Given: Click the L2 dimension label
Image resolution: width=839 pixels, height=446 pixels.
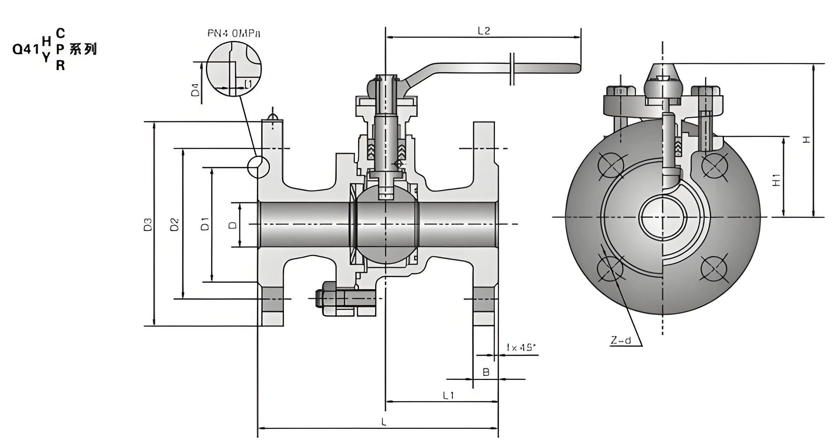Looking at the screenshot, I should click(484, 31).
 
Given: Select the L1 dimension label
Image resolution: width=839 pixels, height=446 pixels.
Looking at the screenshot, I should click(448, 395).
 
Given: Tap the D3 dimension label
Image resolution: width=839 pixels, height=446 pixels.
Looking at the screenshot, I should click(148, 224).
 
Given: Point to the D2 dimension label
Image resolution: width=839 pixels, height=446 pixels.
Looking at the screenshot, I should click(174, 224).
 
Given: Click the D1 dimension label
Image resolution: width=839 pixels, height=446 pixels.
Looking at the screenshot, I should click(205, 224).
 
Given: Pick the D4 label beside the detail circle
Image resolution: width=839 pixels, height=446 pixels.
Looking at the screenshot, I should click(195, 89).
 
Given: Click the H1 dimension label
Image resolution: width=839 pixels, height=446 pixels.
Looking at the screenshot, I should click(776, 180).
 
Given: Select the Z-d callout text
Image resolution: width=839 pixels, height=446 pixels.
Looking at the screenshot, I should click(621, 340).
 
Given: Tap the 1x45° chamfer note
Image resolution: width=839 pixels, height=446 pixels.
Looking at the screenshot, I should click(521, 347).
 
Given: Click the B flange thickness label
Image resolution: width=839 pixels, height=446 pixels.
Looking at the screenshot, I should click(486, 372).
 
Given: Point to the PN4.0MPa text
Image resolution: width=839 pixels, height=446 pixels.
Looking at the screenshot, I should click(234, 34).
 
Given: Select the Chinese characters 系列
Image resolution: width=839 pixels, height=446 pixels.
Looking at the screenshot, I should click(83, 49).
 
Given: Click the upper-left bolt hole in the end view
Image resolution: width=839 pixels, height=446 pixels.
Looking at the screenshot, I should click(611, 165).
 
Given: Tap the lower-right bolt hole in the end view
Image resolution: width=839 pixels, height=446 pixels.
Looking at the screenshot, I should click(714, 268).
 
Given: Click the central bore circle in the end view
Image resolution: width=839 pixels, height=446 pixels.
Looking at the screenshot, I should click(662, 217).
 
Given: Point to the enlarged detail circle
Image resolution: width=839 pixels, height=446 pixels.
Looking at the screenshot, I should click(234, 69).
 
